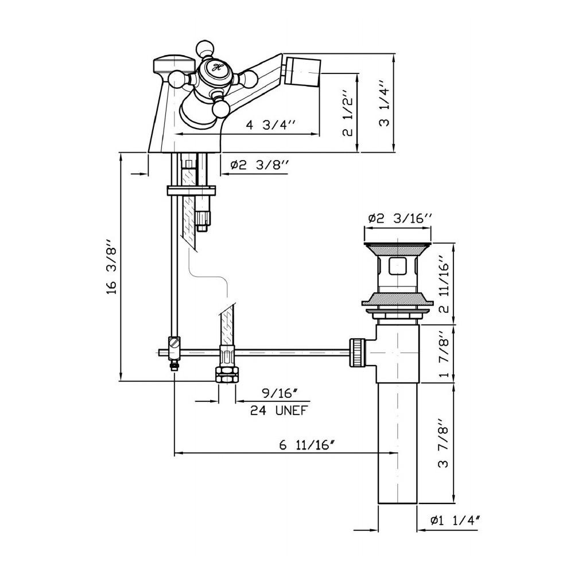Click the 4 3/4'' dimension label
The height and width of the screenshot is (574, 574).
point(270,125)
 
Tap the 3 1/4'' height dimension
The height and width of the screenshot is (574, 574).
point(385,103)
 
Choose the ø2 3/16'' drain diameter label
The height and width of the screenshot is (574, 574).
point(400,219)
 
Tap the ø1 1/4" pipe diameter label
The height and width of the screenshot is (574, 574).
point(455,520)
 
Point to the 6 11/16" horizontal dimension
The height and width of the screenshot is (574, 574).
point(307,445)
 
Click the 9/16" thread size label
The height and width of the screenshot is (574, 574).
point(279,394)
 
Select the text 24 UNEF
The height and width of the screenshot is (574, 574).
point(278,410)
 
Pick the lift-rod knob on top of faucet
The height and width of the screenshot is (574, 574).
point(174,64)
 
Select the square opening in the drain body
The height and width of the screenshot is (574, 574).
point(397,266)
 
